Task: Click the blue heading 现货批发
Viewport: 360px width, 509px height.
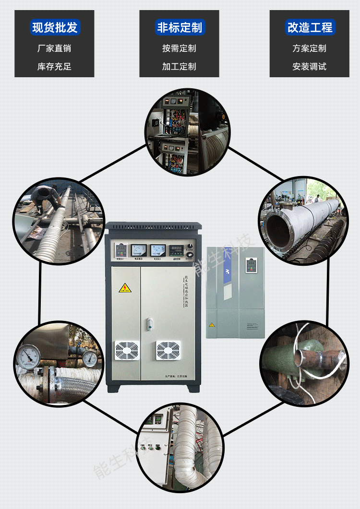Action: point(54,27)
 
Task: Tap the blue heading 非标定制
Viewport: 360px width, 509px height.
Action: point(180,27)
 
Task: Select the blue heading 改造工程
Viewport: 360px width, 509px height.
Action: point(309,27)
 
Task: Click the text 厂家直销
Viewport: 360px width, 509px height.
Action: point(54,48)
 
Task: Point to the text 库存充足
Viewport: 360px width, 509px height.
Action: point(54,67)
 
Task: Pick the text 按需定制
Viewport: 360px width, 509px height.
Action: point(180,48)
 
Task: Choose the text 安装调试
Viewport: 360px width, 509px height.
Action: point(309,67)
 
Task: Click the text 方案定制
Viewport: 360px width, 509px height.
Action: point(309,48)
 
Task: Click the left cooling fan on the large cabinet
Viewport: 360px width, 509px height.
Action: point(127,351)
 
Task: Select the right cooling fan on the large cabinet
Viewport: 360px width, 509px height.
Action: point(168,351)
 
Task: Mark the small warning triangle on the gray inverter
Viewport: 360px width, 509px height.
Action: point(212,325)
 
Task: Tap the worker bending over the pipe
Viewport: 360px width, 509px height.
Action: point(46,197)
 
